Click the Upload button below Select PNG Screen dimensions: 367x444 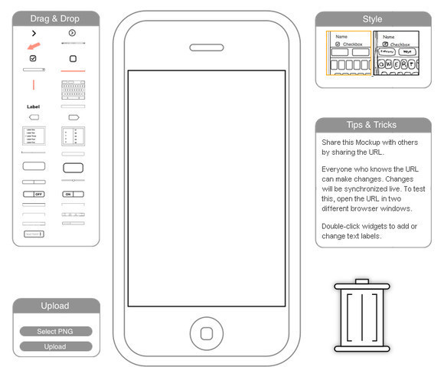point(55,346)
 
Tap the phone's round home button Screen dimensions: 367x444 point(206,332)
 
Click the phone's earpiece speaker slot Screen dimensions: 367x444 point(206,48)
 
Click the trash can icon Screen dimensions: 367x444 point(362,316)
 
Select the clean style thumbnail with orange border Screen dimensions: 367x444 point(348,59)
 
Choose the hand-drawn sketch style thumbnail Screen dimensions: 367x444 point(397,59)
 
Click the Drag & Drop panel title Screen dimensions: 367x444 point(55,18)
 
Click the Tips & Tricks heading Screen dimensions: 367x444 point(372,125)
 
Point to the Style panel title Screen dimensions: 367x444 point(372,18)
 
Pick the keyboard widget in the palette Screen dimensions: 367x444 point(73,88)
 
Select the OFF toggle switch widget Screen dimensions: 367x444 point(34,195)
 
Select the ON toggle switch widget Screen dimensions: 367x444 point(73,195)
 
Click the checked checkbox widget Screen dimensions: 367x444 point(34,58)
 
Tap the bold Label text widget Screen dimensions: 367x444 point(33,106)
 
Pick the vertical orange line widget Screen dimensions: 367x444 point(34,84)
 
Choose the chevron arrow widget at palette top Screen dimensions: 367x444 point(34,33)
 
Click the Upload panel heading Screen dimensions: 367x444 point(55,306)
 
